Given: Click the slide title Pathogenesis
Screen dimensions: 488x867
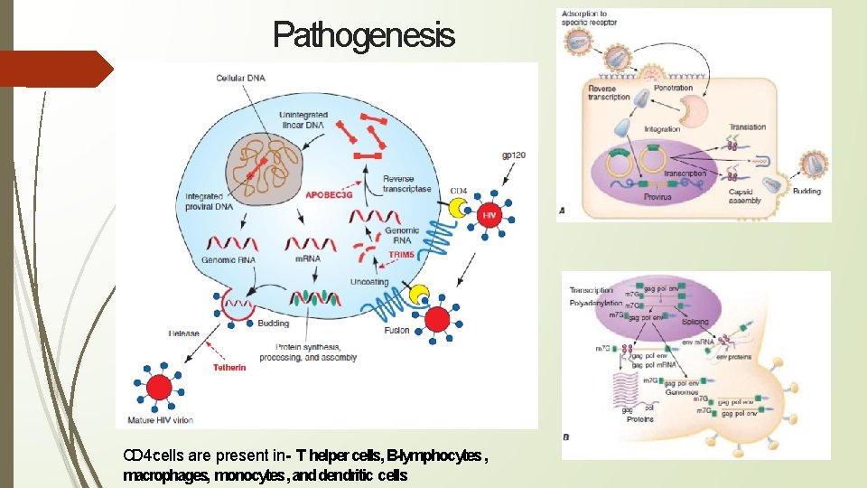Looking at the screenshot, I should pos(364,35).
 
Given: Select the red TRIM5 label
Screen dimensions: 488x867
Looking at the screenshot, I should pos(402,255).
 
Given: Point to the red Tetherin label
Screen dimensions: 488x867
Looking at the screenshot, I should pos(229,368).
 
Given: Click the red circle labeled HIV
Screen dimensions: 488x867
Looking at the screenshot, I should pos(489,217).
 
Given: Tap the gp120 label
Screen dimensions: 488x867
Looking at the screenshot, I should pos(514,156).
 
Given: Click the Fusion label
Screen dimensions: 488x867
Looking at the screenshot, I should pos(396,330).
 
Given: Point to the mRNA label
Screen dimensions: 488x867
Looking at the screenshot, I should pos(307,259).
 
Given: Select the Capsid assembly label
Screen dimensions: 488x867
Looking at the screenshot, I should pos(745,195).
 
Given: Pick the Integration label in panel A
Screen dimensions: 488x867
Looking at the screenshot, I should pos(662,129).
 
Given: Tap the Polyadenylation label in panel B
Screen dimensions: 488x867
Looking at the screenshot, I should pos(596,303).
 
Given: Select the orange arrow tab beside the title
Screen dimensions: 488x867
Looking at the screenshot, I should pos(56,69).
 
